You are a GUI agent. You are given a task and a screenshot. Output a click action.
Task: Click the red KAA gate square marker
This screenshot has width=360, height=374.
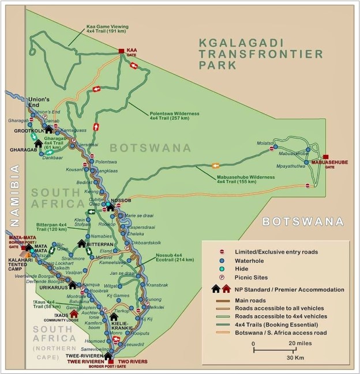point(121,51)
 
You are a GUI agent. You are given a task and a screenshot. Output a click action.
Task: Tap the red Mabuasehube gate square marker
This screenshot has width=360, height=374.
point(326,157)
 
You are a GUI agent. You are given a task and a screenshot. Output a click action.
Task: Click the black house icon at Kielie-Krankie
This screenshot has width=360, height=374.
point(114,317)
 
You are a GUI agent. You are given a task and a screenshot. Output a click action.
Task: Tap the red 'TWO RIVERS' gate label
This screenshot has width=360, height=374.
point(132,362)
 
